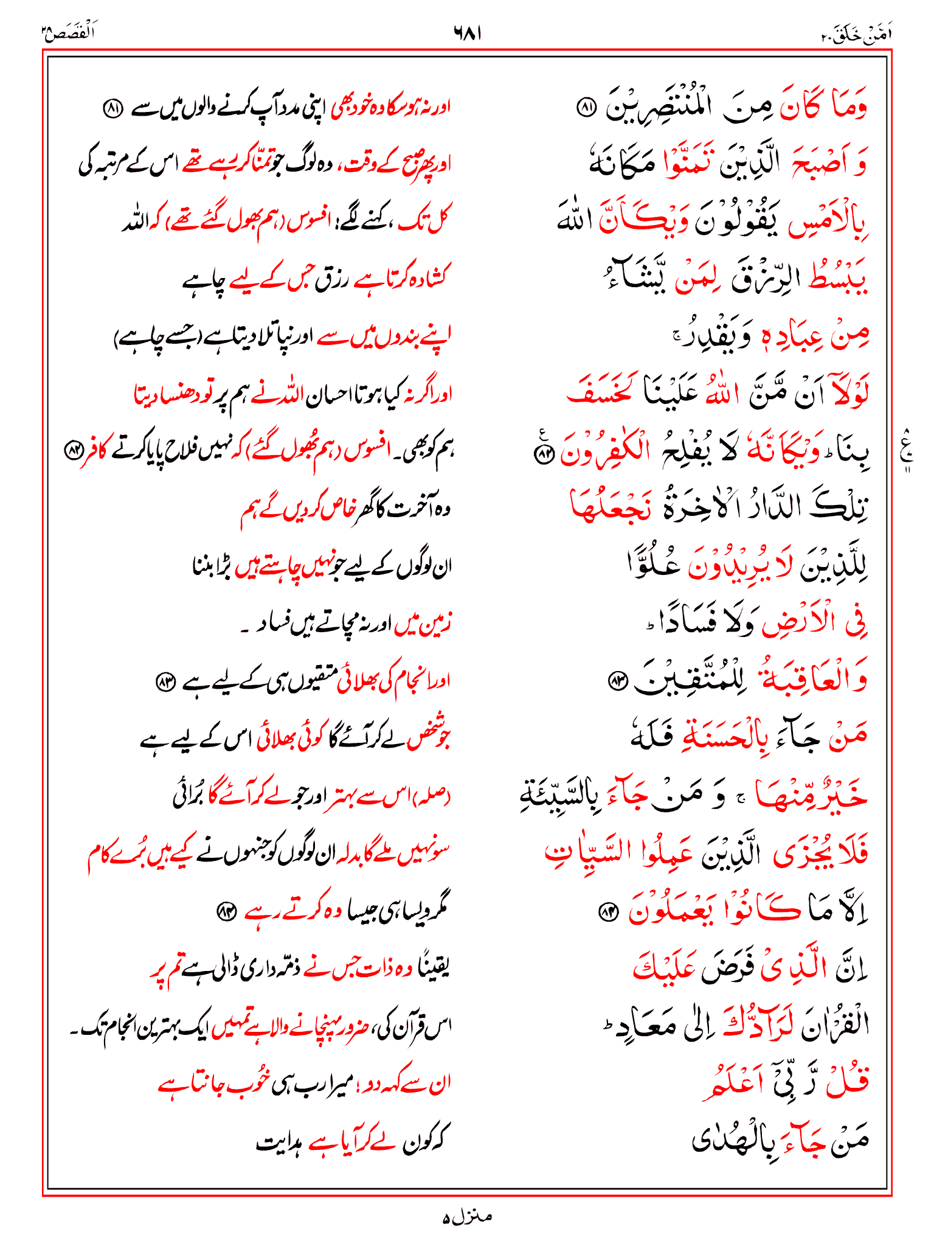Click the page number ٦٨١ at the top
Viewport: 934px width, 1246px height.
[467, 33]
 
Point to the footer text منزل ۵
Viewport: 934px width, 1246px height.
[467, 1217]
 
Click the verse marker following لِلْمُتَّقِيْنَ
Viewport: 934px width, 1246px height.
[618, 682]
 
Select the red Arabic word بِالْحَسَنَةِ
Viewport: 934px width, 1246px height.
[722, 738]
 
